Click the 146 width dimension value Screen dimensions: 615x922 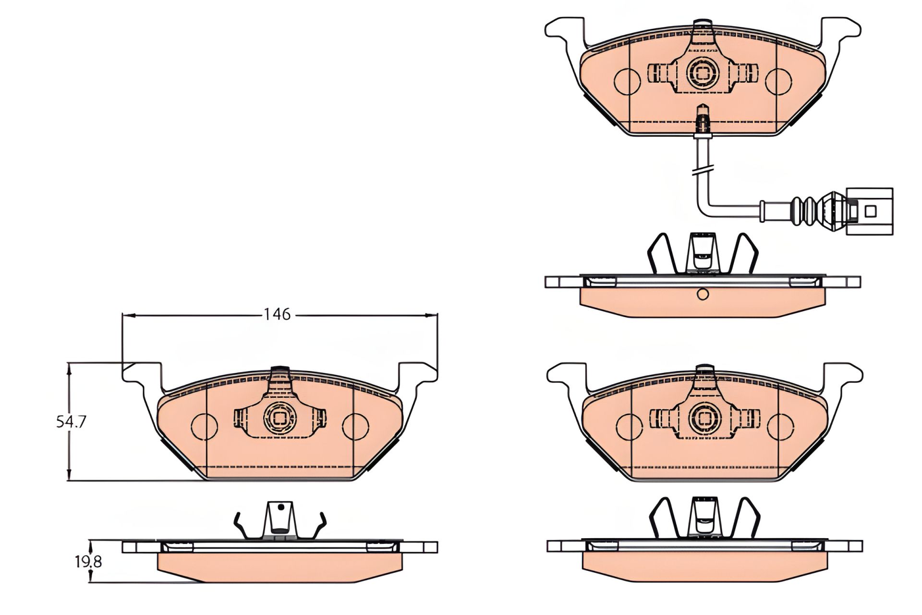pyautogui.click(x=278, y=314)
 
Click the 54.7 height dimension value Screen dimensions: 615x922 pyautogui.click(x=71, y=422)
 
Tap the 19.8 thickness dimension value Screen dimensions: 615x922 pyautogui.click(x=88, y=561)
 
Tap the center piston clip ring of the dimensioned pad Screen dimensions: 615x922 pyautogui.click(x=279, y=418)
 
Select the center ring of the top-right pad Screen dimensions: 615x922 pyautogui.click(x=703, y=73)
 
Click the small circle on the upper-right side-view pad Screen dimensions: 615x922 pyautogui.click(x=703, y=294)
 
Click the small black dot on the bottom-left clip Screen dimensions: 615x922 pyautogui.click(x=282, y=507)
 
